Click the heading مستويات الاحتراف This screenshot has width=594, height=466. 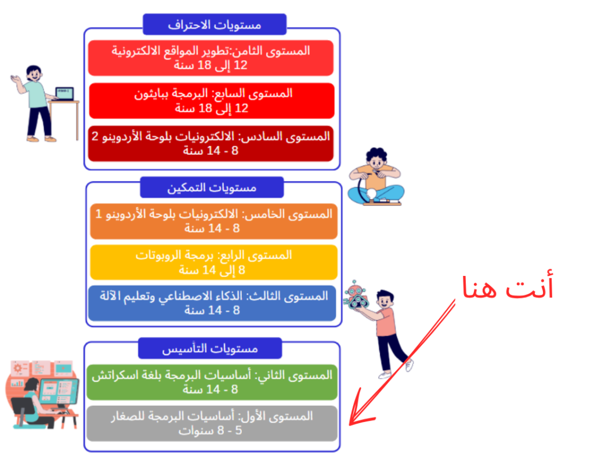(215, 24)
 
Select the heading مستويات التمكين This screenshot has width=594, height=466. (212, 187)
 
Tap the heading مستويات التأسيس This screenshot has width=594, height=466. (210, 348)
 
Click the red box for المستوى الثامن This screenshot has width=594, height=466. (211, 58)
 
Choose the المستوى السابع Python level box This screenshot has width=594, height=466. (212, 101)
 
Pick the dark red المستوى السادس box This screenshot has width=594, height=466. (211, 144)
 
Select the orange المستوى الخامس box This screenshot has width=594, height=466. (213, 221)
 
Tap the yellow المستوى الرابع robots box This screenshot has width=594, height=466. (213, 263)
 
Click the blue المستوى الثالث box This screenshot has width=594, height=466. (212, 303)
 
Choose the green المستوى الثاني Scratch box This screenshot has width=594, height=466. (212, 383)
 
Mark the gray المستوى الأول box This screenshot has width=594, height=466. (212, 424)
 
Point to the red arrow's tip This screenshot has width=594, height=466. (350, 424)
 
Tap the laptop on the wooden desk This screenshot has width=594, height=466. (64, 94)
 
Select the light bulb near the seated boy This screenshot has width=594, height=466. (372, 194)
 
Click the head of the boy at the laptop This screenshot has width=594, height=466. (34, 73)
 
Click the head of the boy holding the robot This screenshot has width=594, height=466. (385, 299)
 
